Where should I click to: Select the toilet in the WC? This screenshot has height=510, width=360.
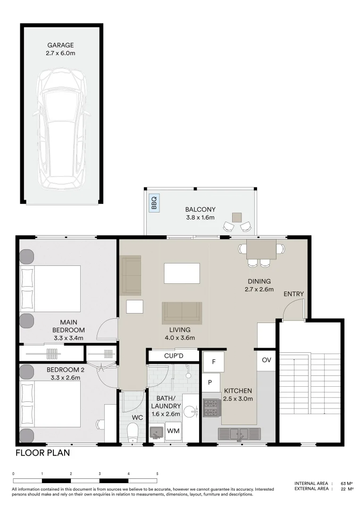(133, 431)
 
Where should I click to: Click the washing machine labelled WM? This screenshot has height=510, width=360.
(173, 431)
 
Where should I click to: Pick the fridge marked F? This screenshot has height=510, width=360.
(214, 362)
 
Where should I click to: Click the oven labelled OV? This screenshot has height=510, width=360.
(267, 360)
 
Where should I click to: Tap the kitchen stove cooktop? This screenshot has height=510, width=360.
(210, 408)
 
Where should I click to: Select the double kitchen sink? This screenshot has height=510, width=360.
(239, 433)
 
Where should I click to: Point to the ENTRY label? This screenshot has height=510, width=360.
(293, 294)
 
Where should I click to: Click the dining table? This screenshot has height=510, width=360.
(261, 248)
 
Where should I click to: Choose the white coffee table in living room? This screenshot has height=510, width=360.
(182, 273)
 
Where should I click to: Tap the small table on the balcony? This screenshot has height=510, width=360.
(236, 217)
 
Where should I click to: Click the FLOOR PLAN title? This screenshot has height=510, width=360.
(42, 453)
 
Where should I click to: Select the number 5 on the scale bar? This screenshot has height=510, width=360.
(157, 474)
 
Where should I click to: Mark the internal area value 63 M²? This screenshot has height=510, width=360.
(347, 483)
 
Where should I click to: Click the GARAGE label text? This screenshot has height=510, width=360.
(60, 45)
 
